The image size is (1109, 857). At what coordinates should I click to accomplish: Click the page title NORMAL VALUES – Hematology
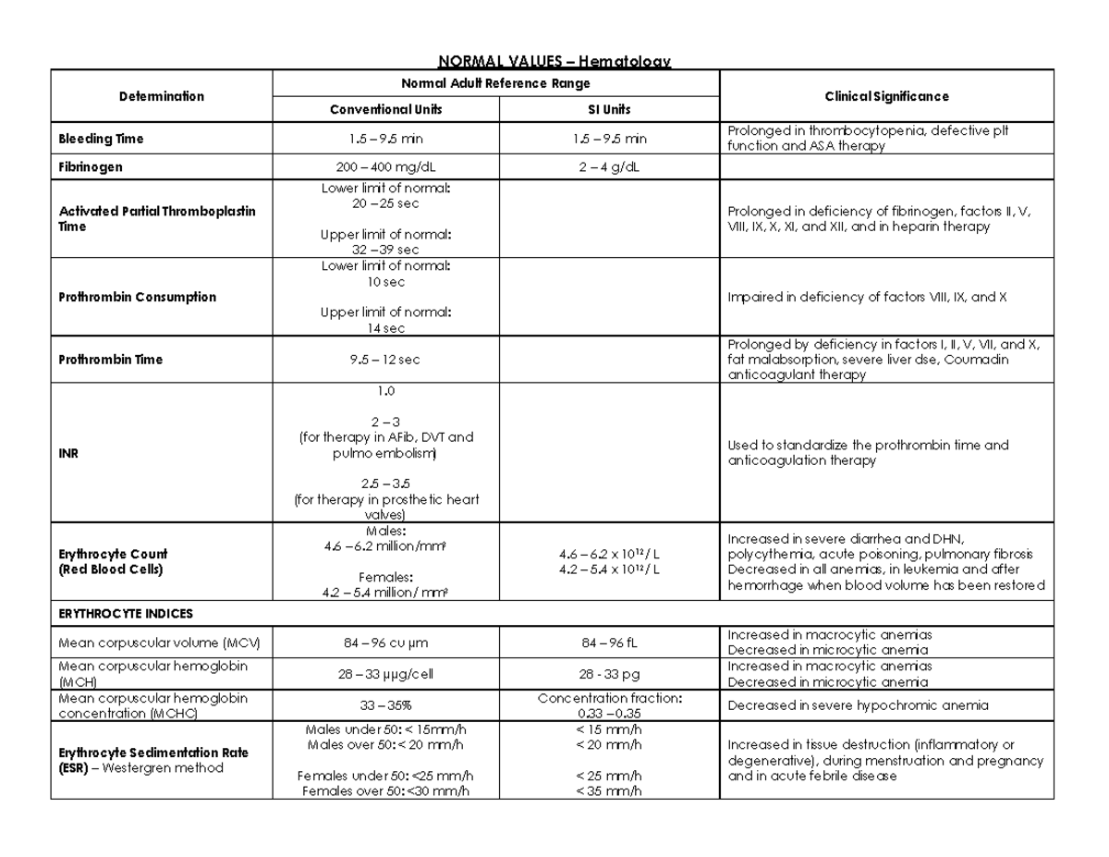coord(554,61)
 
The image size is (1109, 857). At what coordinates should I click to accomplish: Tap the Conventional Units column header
coord(386,109)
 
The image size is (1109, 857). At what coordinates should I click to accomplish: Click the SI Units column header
coord(609,109)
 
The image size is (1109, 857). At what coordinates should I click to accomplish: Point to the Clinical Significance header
coord(886,96)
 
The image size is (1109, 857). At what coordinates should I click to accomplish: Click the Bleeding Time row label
coord(101,139)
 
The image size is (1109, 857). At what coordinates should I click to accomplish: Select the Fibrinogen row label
coord(91,168)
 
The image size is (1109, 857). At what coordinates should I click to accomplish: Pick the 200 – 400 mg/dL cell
coord(386,168)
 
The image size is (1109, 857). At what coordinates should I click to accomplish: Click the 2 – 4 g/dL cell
coord(609,168)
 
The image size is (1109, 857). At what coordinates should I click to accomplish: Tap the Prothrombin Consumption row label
coord(137,297)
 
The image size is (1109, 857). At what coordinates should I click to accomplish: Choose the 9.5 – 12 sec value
coord(386,360)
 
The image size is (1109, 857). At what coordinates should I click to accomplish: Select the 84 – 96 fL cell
coord(609,642)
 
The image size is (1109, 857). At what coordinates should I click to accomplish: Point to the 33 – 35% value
coord(386,706)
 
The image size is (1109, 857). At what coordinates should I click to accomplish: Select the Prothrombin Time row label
coord(110,360)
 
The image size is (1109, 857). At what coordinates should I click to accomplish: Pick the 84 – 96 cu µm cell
coord(386,642)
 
